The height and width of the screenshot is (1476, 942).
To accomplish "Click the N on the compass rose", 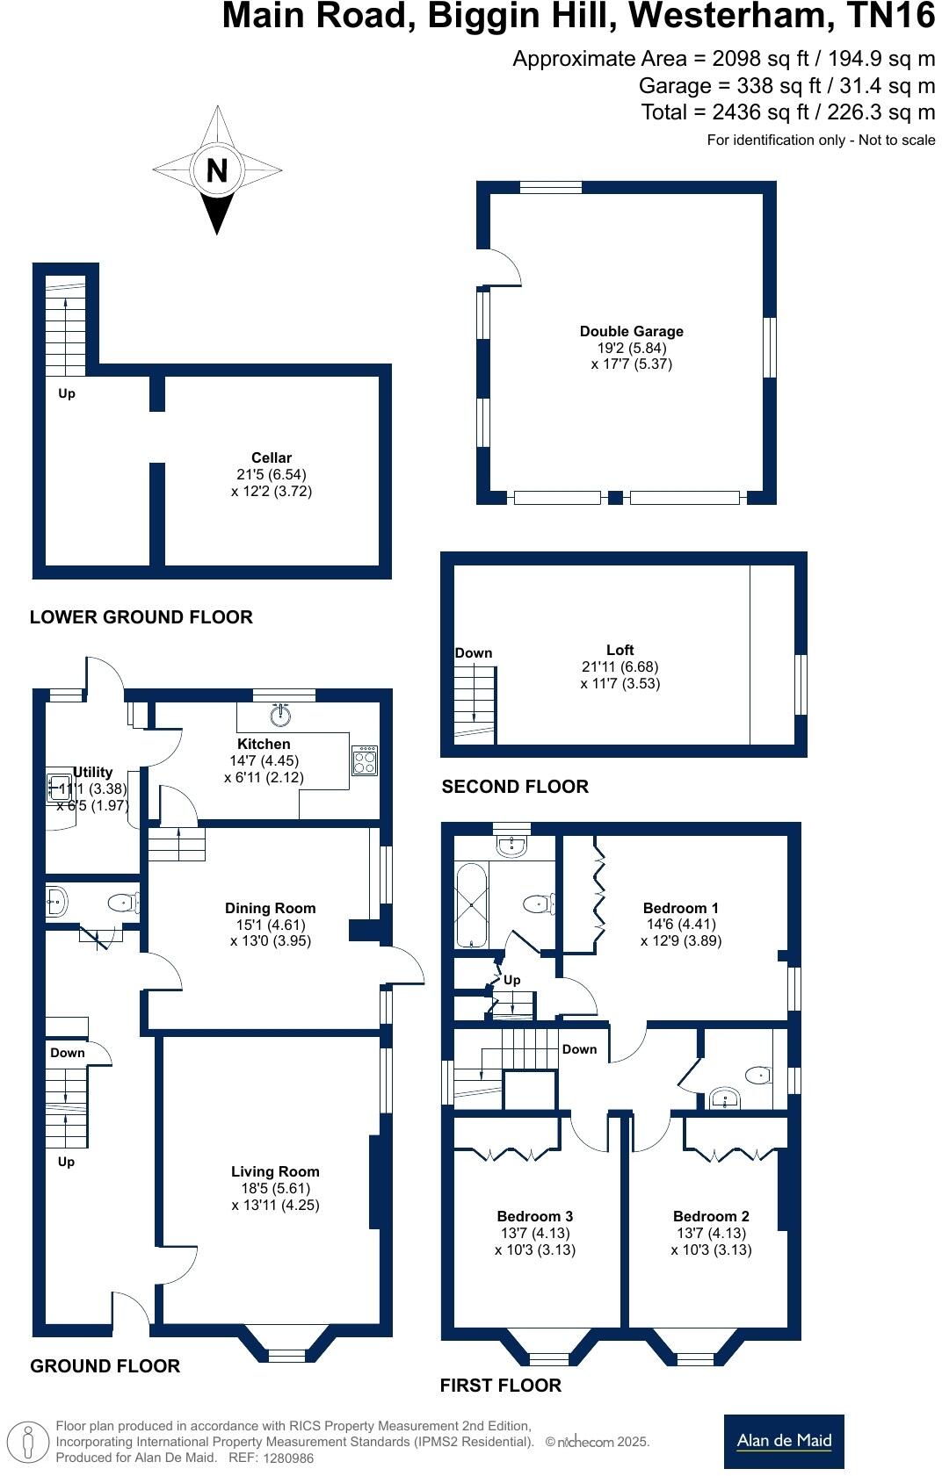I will pyautogui.click(x=217, y=169).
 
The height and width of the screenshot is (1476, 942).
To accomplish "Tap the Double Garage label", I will pyautogui.click(x=631, y=331).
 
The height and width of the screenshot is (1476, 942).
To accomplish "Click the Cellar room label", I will pyautogui.click(x=272, y=457).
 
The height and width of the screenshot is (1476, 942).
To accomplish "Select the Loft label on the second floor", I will pyautogui.click(x=620, y=650).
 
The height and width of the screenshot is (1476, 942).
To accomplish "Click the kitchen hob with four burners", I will pyautogui.click(x=365, y=760).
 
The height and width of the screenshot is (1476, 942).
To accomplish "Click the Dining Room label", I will pyautogui.click(x=270, y=908).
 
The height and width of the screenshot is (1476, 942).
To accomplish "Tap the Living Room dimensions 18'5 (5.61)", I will pyautogui.click(x=275, y=1188).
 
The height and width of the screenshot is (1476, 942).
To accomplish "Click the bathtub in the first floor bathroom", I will pyautogui.click(x=471, y=905).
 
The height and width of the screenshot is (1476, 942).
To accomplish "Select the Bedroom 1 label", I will pyautogui.click(x=680, y=908).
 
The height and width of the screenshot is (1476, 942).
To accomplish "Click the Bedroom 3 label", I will pyautogui.click(x=534, y=1216).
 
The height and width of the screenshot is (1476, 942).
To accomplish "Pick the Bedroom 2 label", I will pyautogui.click(x=711, y=1216).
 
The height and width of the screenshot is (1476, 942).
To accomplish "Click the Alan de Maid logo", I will pyautogui.click(x=784, y=1441).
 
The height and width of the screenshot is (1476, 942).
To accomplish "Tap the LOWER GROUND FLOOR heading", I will pyautogui.click(x=141, y=617).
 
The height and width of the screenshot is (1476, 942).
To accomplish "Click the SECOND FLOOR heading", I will pyautogui.click(x=515, y=787).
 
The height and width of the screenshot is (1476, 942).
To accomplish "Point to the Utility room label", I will pyautogui.click(x=92, y=772).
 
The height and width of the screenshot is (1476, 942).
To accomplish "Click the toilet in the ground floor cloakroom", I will pyautogui.click(x=123, y=903).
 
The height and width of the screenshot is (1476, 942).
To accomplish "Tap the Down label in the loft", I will pyautogui.click(x=474, y=653).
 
